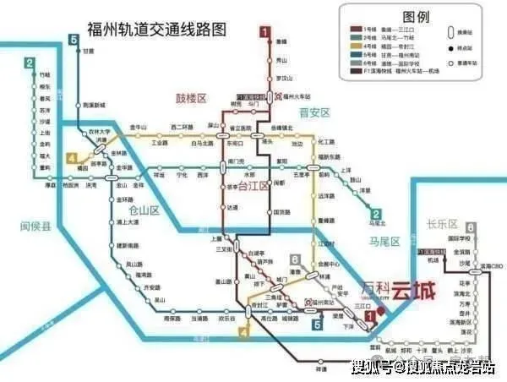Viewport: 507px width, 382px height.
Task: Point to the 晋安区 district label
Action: pyautogui.click(x=313, y=112)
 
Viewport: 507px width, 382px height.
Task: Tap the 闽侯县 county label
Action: pyautogui.click(x=35, y=226)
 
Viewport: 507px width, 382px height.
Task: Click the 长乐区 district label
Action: pyautogui.click(x=441, y=225)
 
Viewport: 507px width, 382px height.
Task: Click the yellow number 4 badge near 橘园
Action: pyautogui.click(x=72, y=158)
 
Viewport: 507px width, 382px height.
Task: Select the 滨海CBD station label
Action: pyautogui.click(x=485, y=265)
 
